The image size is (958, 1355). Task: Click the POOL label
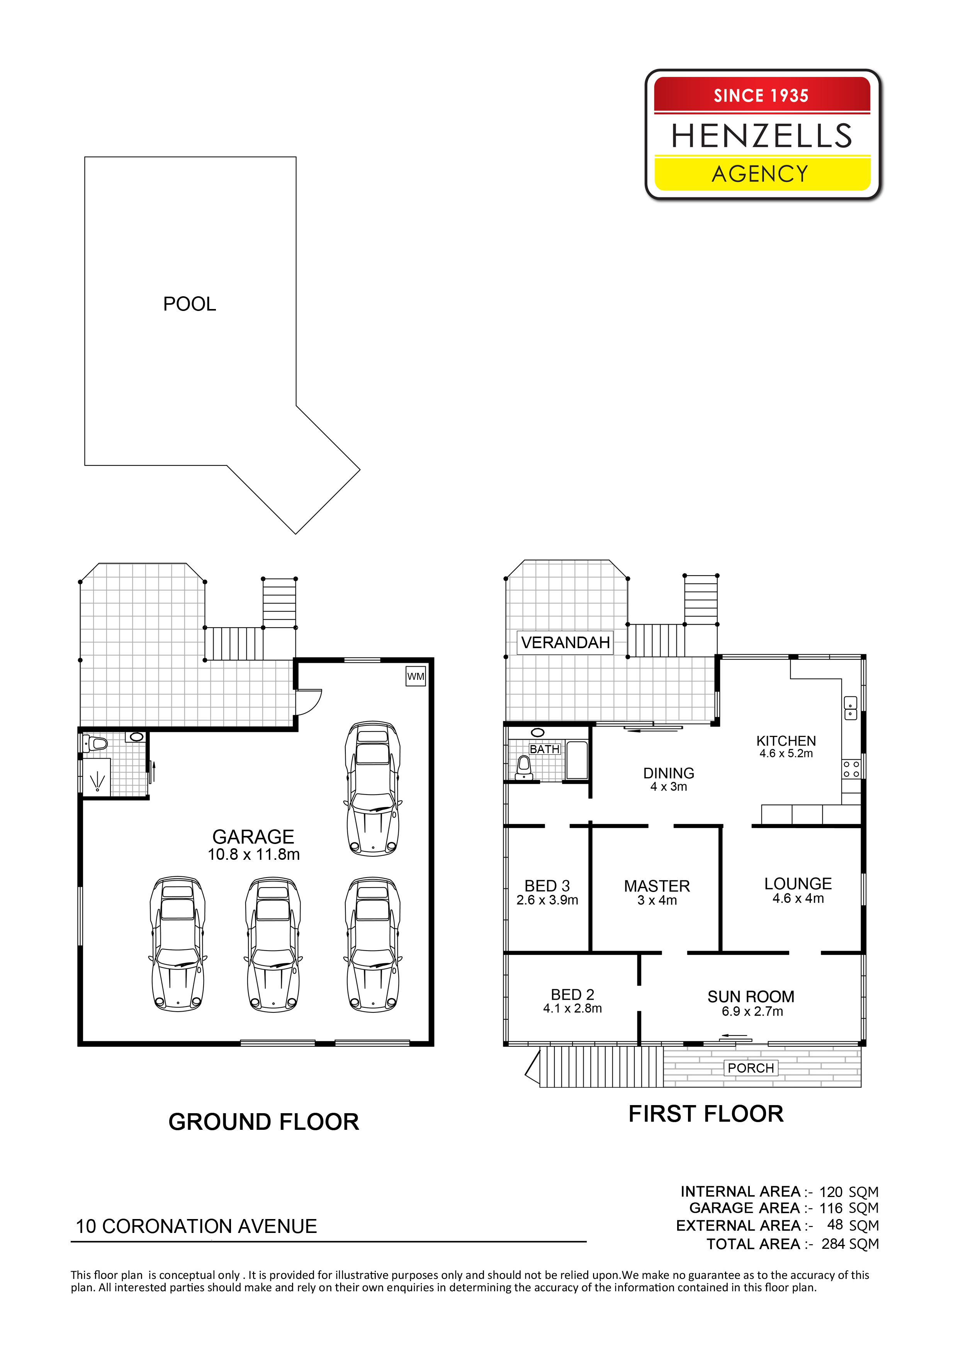click(x=189, y=304)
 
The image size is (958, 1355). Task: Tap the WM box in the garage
click(x=416, y=676)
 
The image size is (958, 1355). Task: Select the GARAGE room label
click(x=253, y=837)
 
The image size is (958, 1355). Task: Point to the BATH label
click(x=544, y=749)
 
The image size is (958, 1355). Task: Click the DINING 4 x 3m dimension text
click(x=669, y=787)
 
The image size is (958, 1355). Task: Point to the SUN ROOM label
click(x=751, y=997)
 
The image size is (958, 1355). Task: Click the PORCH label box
click(x=751, y=1068)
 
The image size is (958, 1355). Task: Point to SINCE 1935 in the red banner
click(x=761, y=96)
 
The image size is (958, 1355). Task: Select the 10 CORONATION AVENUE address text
click(x=197, y=1226)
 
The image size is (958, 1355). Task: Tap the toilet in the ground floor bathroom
click(x=97, y=743)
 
